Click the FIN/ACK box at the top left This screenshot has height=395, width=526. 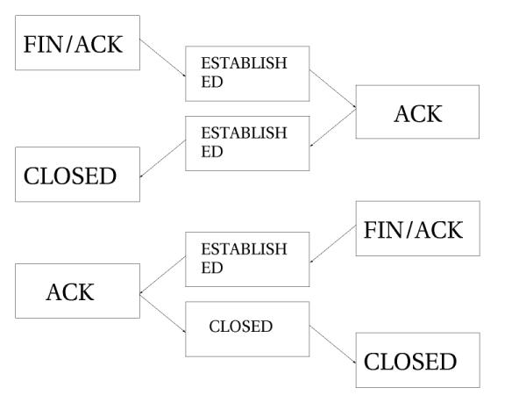[78, 42]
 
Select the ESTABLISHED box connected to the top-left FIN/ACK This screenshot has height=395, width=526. [247, 73]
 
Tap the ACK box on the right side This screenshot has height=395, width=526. [418, 112]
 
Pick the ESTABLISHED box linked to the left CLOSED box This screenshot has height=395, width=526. [247, 143]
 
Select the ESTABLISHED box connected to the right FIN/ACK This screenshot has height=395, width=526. [247, 259]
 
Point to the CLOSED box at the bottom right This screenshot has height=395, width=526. [418, 360]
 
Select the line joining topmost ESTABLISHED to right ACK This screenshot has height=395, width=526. [333, 93]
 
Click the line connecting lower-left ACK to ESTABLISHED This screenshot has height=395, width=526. [162, 275]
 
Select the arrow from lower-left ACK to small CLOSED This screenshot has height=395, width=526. [162, 311]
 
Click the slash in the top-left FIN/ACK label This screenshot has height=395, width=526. [76, 43]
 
